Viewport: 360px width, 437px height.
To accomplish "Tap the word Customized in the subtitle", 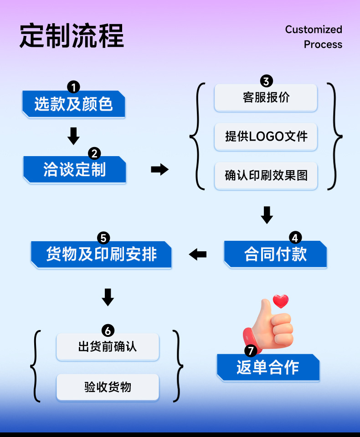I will click(x=314, y=30).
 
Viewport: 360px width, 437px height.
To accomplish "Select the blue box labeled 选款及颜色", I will click(x=73, y=104).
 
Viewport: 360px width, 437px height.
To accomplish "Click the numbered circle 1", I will click(x=73, y=87).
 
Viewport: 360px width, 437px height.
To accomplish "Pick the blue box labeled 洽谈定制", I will click(x=74, y=170).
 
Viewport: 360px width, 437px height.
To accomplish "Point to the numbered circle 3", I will click(x=266, y=81).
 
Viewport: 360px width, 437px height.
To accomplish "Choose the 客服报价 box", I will click(x=266, y=97).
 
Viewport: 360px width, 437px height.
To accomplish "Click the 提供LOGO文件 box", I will click(x=266, y=136).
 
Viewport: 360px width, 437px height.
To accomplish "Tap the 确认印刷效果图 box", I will click(x=266, y=175).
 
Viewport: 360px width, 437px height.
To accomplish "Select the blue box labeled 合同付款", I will click(x=275, y=254).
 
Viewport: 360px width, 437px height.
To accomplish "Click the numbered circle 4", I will click(x=295, y=237).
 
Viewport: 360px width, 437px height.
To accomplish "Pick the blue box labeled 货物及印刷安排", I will click(x=101, y=254).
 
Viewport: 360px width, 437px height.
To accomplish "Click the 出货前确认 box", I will click(x=108, y=347).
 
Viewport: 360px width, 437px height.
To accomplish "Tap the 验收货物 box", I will click(x=108, y=387).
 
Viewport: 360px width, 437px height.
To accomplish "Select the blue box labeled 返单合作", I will click(x=268, y=367).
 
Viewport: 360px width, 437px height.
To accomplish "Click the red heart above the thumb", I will click(x=281, y=301).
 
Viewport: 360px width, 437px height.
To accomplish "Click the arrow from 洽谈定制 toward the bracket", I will click(x=159, y=170).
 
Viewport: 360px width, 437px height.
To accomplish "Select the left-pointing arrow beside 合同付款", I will click(x=198, y=254).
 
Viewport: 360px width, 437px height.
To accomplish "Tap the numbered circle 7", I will click(x=250, y=351).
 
